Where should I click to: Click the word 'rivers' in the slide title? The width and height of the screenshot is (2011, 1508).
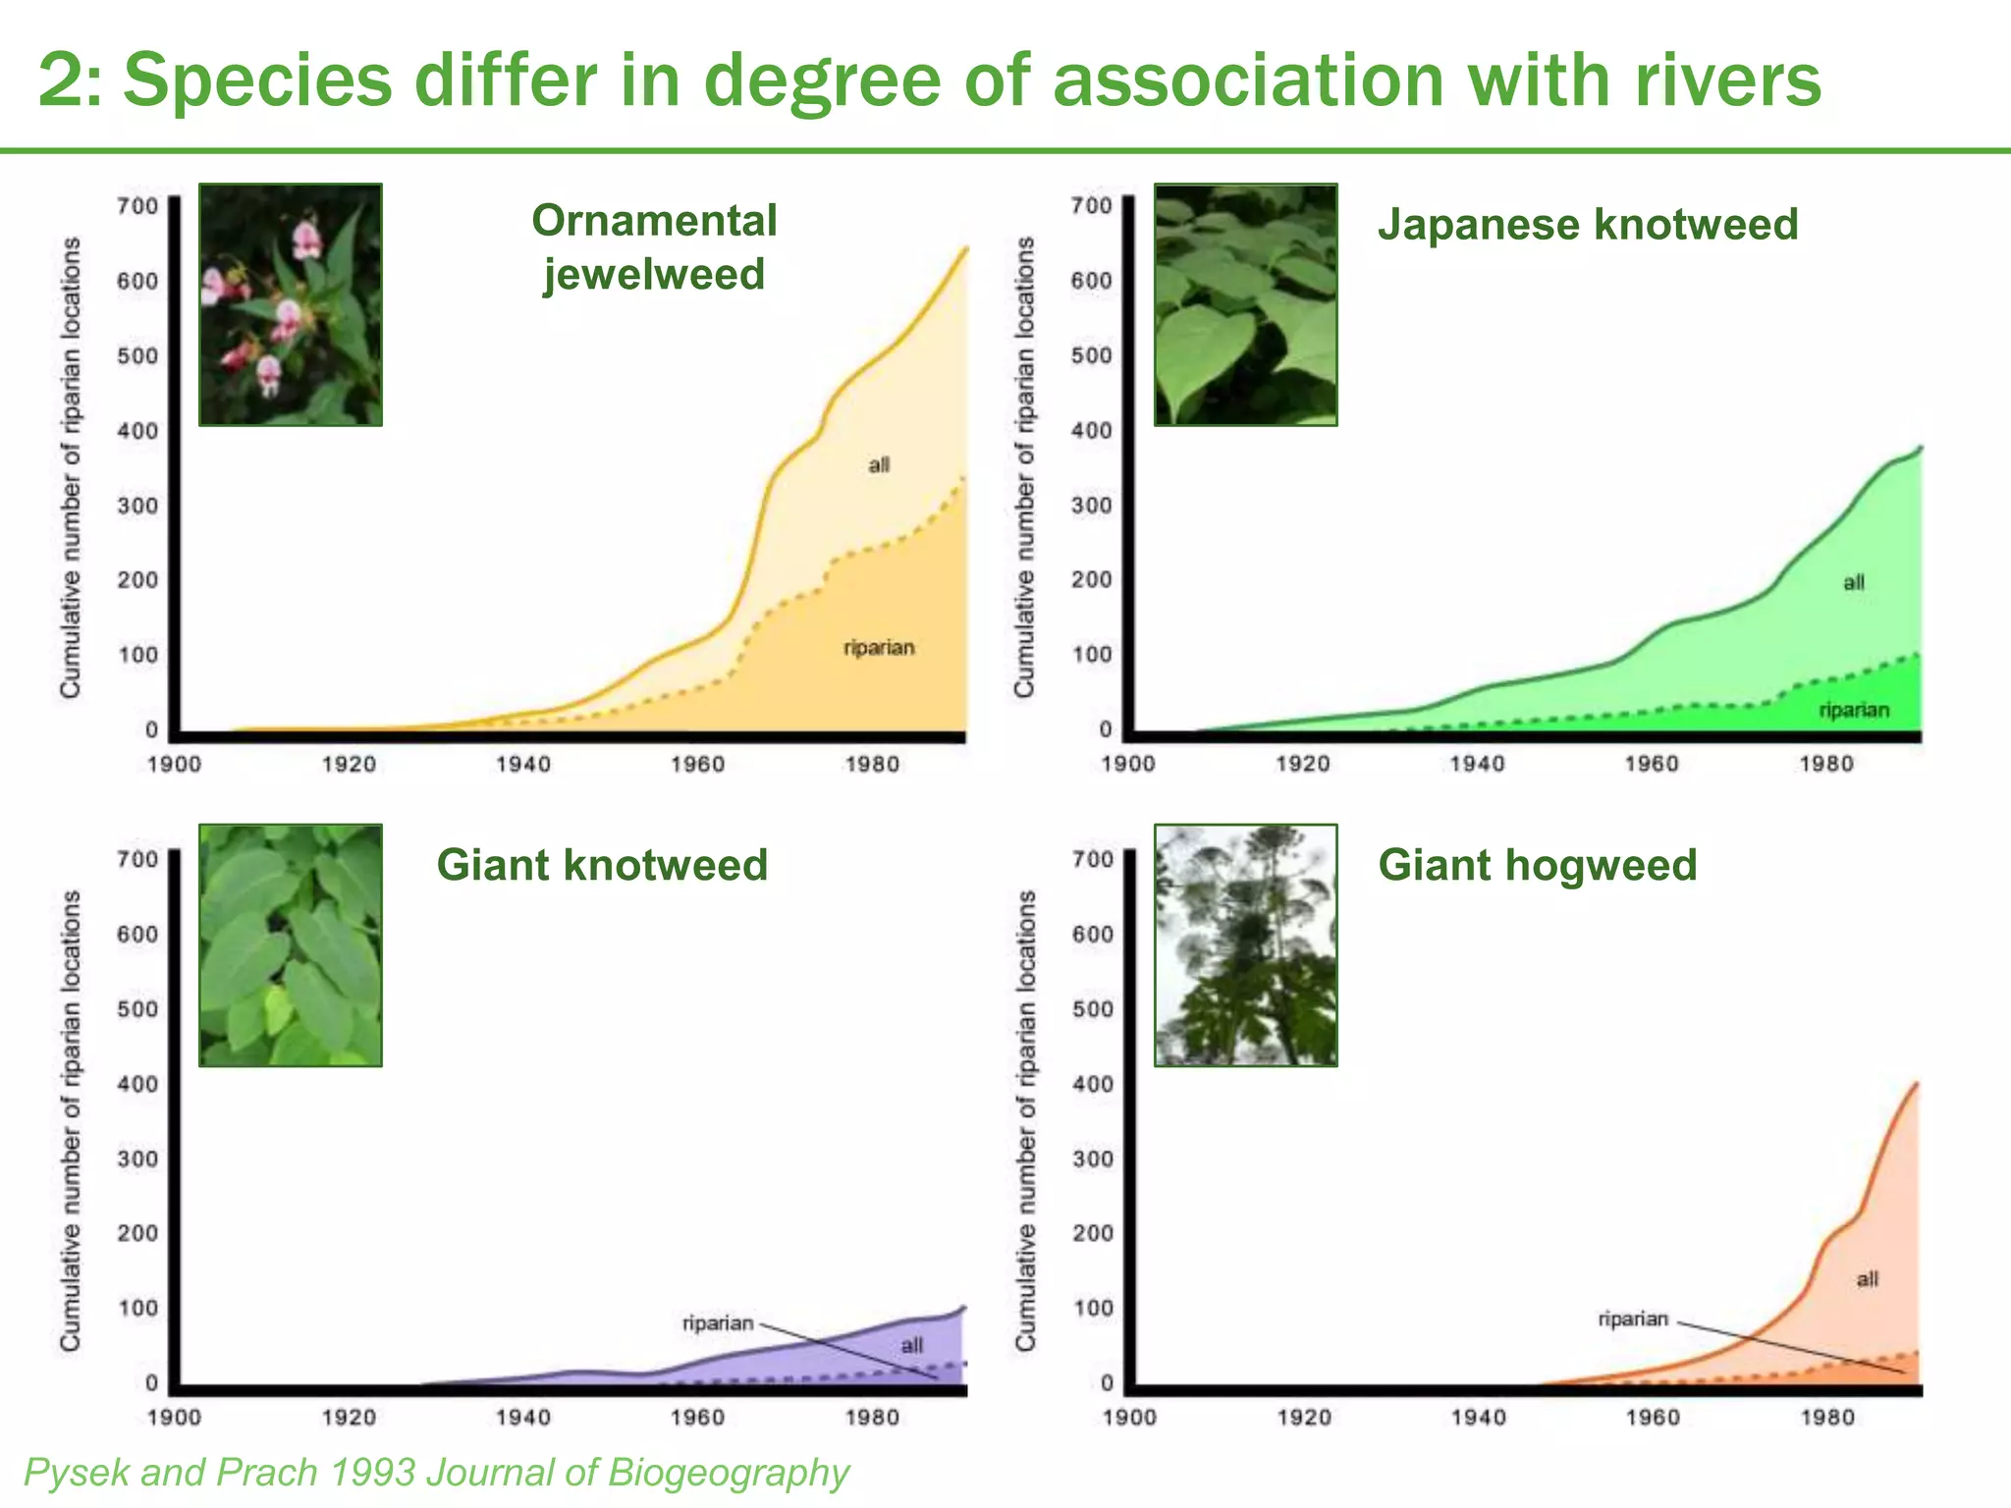1726,81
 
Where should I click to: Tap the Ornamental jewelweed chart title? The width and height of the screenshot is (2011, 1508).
654,246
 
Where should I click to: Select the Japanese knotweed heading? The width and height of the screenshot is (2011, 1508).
1588,225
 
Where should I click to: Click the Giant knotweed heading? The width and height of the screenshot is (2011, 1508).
602,865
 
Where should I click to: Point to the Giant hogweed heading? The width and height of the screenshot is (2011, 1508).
1537,865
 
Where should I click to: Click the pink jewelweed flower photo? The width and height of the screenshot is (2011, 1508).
291,304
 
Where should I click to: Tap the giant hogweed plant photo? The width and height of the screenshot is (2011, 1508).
1245,944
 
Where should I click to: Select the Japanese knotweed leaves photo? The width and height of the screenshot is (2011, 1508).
1245,304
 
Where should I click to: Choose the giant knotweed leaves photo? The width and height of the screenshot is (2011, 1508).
291,944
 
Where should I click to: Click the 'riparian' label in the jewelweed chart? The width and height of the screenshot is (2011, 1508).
879,648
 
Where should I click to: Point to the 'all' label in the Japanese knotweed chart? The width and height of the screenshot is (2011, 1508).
1853,583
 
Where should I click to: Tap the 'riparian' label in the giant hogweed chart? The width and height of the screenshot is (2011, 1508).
1633,1319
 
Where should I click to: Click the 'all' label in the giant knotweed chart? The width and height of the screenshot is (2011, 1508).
911,1345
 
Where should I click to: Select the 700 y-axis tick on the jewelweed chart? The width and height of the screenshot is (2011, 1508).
137,205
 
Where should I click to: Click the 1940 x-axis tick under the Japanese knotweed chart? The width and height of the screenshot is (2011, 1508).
1477,764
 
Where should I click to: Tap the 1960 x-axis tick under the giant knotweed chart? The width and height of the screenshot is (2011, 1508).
697,1417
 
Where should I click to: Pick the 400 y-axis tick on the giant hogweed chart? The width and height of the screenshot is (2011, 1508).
1093,1084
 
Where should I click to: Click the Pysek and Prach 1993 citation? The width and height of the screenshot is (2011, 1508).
436,1473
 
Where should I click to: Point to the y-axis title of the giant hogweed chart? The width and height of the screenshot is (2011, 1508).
1025,1119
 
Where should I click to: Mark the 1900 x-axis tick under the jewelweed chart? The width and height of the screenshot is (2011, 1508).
174,764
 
